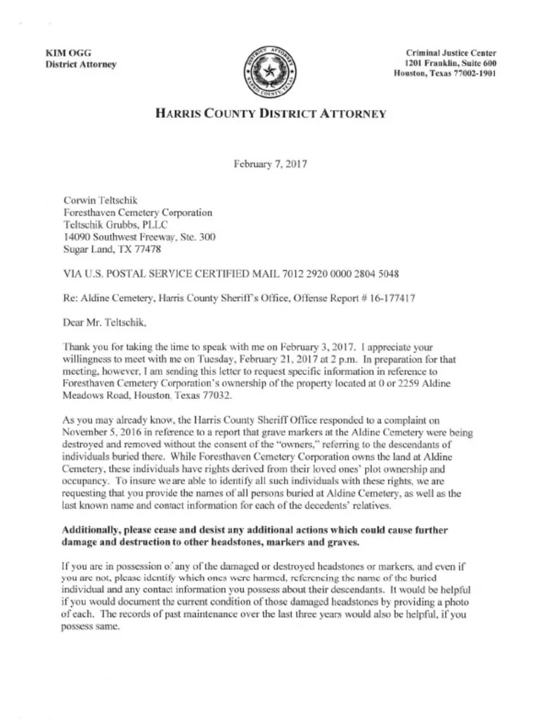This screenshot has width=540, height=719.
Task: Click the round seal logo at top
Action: pos(270,72)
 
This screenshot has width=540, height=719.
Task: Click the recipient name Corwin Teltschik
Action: pos(100,201)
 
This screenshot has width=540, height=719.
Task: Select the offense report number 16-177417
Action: pos(388,298)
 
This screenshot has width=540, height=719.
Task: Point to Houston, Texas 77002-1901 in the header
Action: pos(445,74)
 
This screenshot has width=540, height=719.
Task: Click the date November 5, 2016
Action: pos(103,432)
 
